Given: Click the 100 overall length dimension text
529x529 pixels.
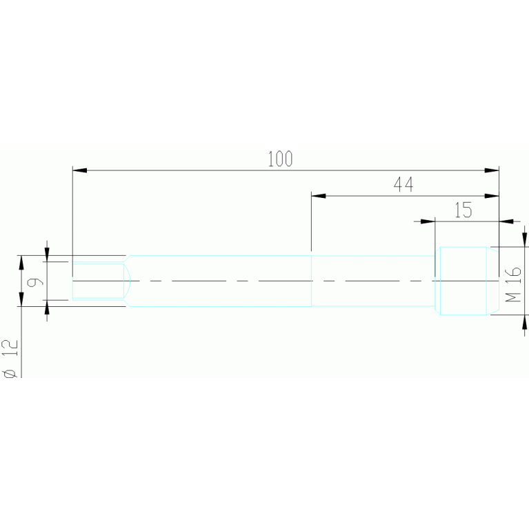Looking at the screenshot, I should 280,159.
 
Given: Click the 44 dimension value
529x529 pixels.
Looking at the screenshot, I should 403,185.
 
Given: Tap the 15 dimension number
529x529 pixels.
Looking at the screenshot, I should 463,210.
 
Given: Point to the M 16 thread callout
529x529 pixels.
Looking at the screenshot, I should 512,286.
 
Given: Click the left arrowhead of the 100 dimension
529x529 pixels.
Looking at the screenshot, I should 79,170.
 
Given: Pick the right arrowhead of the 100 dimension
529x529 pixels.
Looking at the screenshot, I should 492,170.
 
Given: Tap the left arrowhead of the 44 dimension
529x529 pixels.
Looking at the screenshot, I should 318,196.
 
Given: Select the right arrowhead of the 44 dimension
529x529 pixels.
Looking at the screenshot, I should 492,196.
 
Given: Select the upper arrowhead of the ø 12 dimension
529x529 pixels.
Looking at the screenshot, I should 21,261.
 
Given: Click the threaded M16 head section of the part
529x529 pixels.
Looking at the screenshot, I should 463,281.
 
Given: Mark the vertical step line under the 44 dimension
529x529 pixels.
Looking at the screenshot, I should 312,281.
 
